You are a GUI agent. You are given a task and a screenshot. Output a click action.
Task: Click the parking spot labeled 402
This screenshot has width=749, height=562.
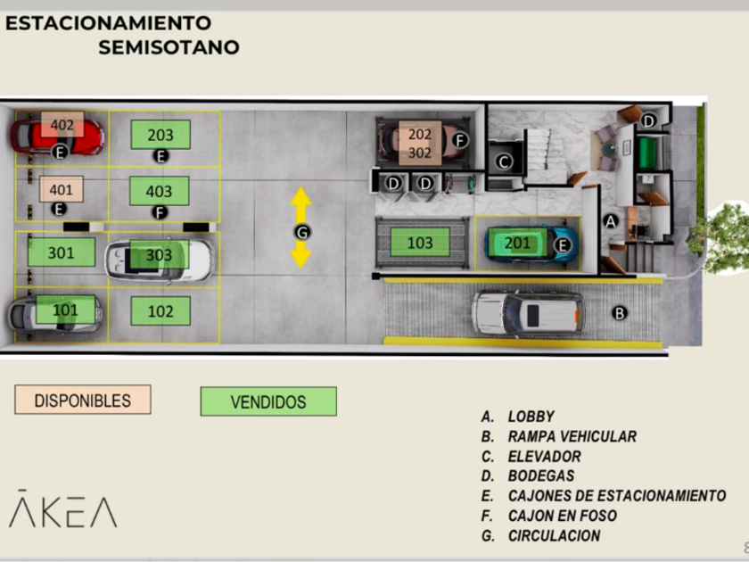coord(62,125)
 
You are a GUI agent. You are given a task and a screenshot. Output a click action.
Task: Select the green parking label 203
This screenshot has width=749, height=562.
coord(160,135)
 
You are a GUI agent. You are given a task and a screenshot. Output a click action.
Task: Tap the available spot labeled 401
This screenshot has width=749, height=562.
coord(62,189)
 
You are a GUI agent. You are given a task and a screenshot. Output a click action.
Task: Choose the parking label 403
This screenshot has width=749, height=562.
coord(160,191)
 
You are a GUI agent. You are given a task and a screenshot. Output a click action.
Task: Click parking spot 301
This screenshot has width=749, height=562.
coord(62,252)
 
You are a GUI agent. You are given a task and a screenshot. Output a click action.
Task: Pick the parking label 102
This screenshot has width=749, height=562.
coord(160,311)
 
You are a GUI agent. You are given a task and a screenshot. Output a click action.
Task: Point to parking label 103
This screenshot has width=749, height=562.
coord(420,242)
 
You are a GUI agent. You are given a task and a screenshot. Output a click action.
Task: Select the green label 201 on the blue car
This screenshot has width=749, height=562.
coord(517,243)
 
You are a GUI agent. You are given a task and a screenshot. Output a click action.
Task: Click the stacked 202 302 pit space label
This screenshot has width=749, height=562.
coord(420,143)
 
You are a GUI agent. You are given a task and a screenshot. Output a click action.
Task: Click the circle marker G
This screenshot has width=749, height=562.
coord(303,231)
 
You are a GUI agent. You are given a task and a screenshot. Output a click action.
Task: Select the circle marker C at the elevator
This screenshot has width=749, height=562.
coord(503,161)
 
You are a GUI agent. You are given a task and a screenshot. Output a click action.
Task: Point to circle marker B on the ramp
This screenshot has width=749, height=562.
coord(620,312)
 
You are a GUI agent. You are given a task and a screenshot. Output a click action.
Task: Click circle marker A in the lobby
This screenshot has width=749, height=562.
coord(611,220)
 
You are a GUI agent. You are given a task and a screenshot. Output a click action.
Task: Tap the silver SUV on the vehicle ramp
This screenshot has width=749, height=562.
coord(528,313)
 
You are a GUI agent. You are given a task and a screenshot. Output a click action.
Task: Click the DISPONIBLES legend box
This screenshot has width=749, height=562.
coord(83,401)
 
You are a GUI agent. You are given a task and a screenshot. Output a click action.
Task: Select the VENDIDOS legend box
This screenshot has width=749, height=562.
coord(268,401)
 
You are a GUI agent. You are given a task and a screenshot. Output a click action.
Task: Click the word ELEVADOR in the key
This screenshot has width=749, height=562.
coord(544,456)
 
